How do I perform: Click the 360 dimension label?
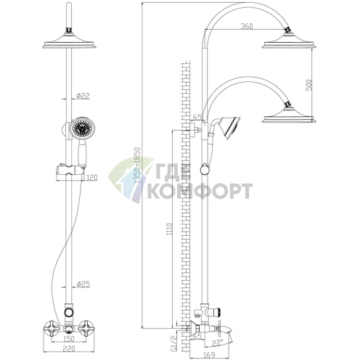point(247,26)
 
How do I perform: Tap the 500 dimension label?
point(309,85)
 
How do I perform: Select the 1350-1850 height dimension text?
point(137,165)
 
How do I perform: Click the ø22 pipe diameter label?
point(83,96)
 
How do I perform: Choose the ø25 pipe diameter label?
point(83,285)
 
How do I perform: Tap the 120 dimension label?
point(91,178)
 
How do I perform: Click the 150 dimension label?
point(69,339)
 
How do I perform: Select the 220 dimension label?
point(69,348)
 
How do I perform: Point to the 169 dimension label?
point(208,355)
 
